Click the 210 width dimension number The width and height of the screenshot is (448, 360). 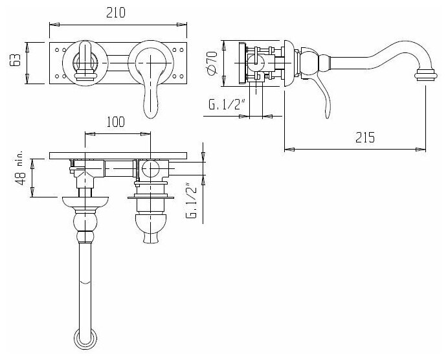click(118, 12)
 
